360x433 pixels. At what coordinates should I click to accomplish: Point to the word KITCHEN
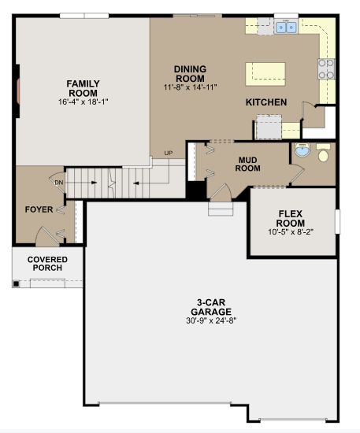tap(265, 102)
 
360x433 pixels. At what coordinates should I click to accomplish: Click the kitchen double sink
tap(286, 28)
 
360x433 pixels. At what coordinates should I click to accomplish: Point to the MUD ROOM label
tap(248, 163)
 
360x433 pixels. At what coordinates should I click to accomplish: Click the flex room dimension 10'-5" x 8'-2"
tap(291, 232)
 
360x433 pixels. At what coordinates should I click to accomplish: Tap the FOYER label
tap(39, 209)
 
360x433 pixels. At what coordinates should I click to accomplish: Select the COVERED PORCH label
tap(47, 264)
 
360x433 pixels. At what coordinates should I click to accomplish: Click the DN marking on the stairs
tap(58, 182)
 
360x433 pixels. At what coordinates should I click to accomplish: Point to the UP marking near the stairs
tap(168, 153)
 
